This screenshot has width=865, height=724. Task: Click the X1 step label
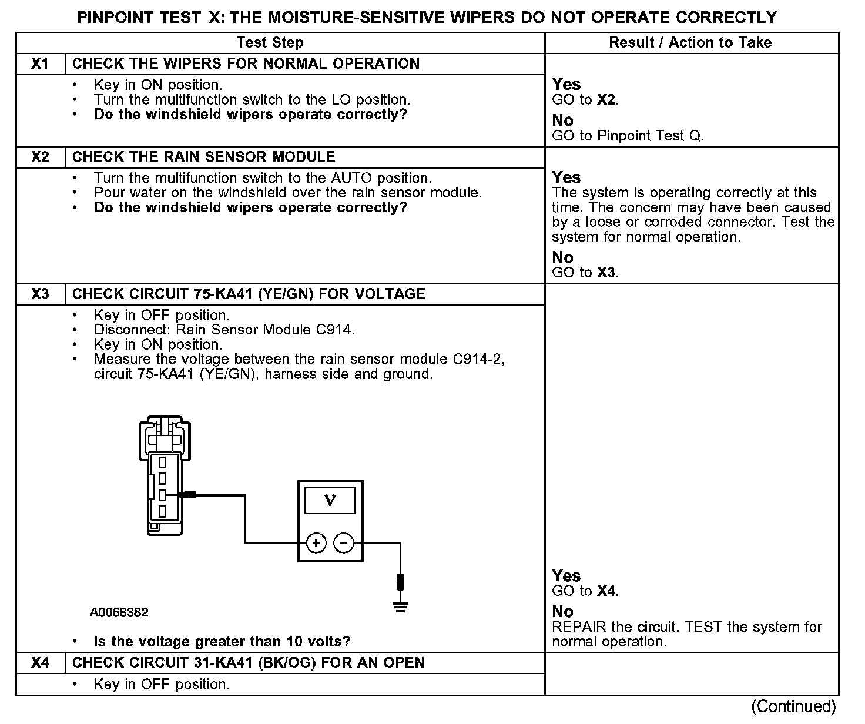40,63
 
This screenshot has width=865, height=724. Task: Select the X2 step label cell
40,157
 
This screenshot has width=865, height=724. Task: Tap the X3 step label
40,294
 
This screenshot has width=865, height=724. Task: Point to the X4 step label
40,663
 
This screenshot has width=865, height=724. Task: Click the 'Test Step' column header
270,42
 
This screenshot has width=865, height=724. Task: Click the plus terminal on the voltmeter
316,543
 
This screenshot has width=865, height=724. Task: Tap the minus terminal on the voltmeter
344,543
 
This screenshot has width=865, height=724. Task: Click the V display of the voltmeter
330,501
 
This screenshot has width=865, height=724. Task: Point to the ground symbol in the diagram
400,606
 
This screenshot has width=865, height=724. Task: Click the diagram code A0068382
119,612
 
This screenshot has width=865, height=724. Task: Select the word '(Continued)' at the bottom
793,706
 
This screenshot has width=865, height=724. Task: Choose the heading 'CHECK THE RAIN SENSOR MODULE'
203,157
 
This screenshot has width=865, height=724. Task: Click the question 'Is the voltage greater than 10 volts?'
222,641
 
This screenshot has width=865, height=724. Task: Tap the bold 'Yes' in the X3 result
566,576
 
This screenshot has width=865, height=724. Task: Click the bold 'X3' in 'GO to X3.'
606,273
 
